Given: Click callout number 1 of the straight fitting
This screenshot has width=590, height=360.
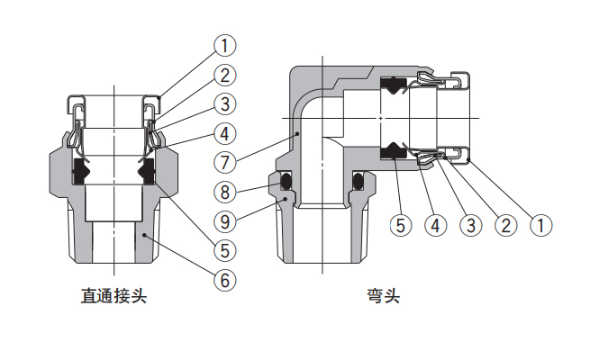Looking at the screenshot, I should click(x=224, y=43).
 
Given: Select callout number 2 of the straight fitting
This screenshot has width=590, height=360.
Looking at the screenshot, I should click(x=224, y=74).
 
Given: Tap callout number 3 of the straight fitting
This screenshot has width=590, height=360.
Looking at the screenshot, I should click(x=224, y=103).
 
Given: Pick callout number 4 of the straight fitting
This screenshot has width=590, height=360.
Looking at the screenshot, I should click(x=224, y=134).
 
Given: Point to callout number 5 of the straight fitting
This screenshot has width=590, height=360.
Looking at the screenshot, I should click(x=224, y=249).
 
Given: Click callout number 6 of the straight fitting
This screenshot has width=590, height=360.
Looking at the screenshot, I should click(x=224, y=280).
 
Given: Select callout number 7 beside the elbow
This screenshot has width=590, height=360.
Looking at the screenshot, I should click(x=225, y=163).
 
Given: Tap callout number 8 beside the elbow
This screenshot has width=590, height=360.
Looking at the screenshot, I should click(x=225, y=191).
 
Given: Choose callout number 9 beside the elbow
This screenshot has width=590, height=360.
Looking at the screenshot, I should click(x=225, y=220).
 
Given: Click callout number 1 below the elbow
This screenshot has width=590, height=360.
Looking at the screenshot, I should click(x=540, y=225).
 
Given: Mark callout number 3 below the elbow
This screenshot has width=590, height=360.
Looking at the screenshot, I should click(x=470, y=225).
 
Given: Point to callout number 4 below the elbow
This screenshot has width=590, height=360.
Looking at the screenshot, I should click(x=435, y=225).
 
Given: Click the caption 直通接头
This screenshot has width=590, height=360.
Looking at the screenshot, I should click(x=113, y=296).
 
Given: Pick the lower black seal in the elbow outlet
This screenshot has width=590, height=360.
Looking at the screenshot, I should click(x=394, y=150).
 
